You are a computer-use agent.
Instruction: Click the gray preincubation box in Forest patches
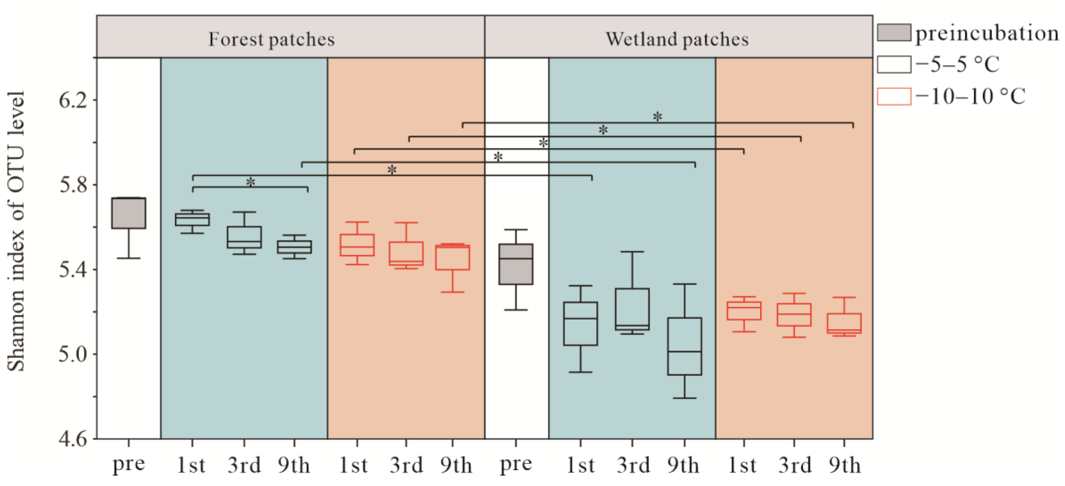pyautogui.click(x=129, y=213)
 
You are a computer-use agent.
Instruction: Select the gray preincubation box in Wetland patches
pyautogui.click(x=516, y=264)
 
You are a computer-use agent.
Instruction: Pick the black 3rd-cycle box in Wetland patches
pyautogui.click(x=632, y=309)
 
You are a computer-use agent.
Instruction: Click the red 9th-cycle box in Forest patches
pyautogui.click(x=452, y=257)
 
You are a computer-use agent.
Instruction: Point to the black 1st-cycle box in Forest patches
pyautogui.click(x=192, y=219)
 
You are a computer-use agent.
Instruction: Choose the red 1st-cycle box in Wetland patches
pyautogui.click(x=744, y=311)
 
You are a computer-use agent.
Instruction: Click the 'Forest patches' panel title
pyautogui.click(x=271, y=39)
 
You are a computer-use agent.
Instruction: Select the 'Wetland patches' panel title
pyautogui.click(x=677, y=39)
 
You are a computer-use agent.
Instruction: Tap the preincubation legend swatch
pyautogui.click(x=894, y=33)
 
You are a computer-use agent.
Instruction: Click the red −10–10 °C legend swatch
pyautogui.click(x=894, y=97)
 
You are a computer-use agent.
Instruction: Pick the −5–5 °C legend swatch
pyautogui.click(x=894, y=64)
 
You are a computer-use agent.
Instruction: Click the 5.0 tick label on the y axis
pyautogui.click(x=73, y=354)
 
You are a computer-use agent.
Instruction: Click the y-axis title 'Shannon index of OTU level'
pyautogui.click(x=17, y=232)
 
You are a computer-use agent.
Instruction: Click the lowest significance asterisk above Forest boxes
pyautogui.click(x=250, y=182)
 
